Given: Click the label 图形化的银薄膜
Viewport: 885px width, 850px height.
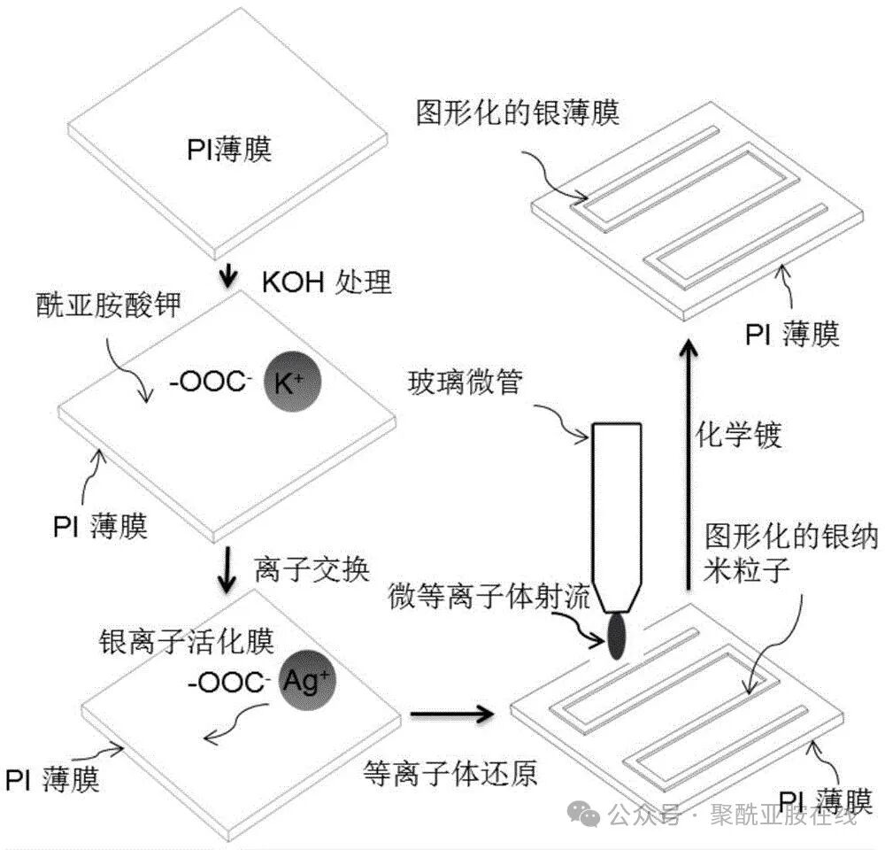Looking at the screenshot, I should coord(518,113).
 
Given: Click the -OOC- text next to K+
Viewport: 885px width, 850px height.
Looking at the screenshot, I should coord(206,382).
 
